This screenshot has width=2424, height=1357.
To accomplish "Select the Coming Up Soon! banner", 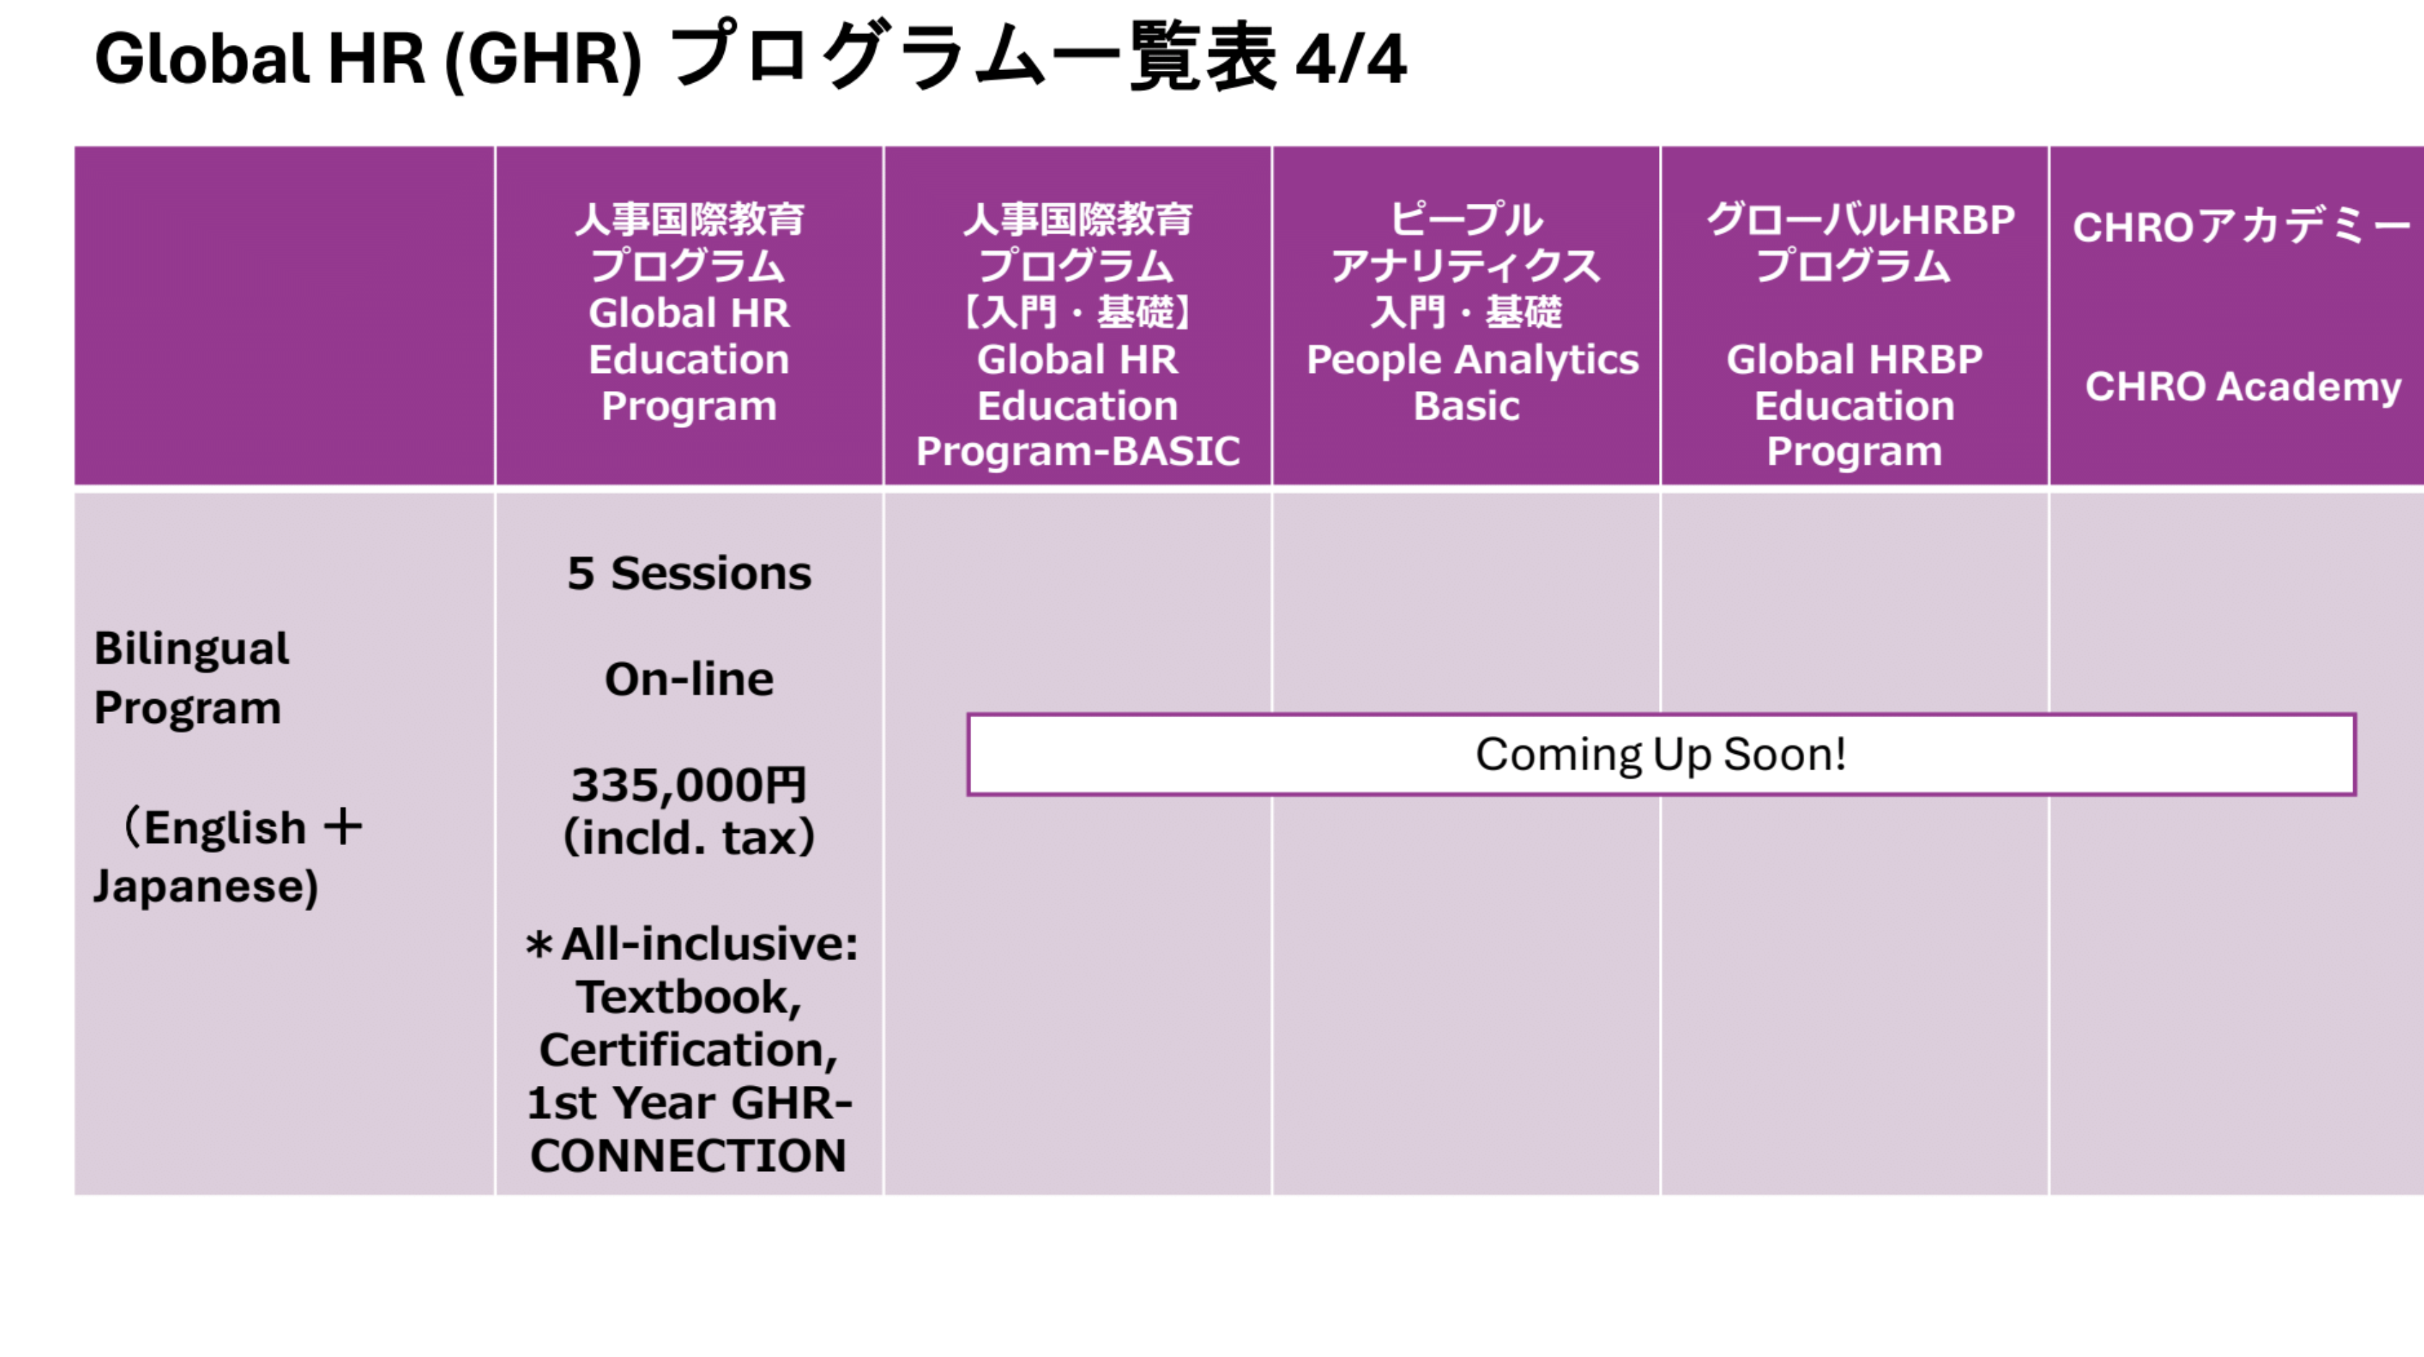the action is (x=1661, y=755).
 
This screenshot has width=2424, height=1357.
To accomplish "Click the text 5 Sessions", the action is (x=689, y=573).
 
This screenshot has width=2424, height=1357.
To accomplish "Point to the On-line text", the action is (x=689, y=678).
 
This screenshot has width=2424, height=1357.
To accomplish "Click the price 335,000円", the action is (x=689, y=785).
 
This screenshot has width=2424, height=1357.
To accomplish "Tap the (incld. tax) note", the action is (x=689, y=837).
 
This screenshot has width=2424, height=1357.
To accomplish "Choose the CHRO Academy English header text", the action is (x=2243, y=387).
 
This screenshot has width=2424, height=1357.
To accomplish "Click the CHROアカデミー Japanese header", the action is (x=2242, y=227).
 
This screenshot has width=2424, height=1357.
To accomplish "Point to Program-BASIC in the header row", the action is (x=1077, y=452).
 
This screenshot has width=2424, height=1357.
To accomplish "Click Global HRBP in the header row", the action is (x=1855, y=359).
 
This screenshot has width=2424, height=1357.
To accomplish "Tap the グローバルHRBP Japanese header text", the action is (x=1861, y=219).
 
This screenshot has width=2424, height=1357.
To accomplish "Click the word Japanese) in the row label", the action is (x=206, y=886).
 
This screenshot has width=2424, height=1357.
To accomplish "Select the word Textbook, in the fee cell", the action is (x=689, y=998).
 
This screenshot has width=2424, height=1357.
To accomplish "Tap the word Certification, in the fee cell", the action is (x=689, y=1050).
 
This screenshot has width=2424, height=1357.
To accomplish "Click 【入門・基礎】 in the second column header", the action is (x=1077, y=312).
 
